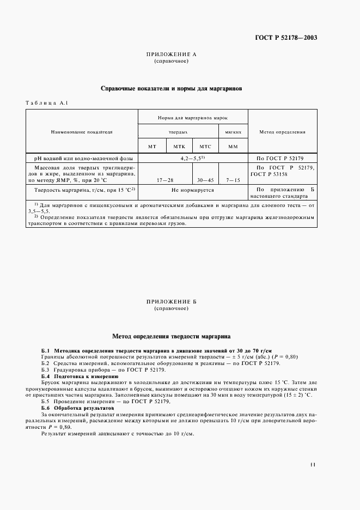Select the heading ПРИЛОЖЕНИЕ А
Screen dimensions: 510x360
(x=171, y=55)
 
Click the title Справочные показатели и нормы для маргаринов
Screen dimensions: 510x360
(x=172, y=88)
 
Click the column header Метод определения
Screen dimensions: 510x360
(x=282, y=132)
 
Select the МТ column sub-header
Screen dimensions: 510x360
(x=152, y=147)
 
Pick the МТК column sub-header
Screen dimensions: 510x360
(x=179, y=147)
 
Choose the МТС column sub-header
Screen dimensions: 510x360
(x=205, y=147)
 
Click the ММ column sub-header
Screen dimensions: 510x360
(x=233, y=147)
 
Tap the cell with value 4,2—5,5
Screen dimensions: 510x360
(x=192, y=157)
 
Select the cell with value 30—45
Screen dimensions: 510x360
(x=205, y=179)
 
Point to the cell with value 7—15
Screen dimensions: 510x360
(x=233, y=179)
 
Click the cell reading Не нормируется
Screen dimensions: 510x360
(x=192, y=190)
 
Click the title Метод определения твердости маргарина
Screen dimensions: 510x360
(x=172, y=337)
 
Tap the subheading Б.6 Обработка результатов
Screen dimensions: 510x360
(x=77, y=408)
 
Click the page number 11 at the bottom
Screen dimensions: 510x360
(x=312, y=465)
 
